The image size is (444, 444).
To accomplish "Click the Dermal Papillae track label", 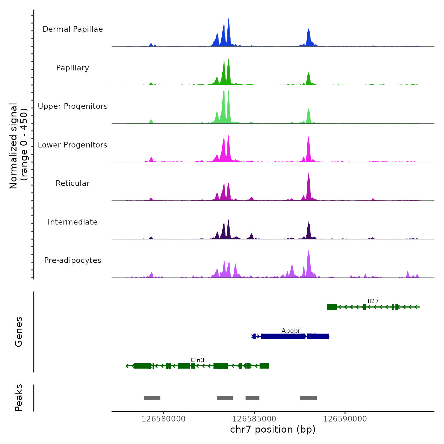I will (x=73, y=29).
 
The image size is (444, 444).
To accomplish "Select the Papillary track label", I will (x=73, y=68).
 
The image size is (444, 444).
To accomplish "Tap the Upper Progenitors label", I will (x=73, y=106).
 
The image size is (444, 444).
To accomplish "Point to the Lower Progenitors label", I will (x=73, y=145).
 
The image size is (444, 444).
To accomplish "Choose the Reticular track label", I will (x=73, y=183).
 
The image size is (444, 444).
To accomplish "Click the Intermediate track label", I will (x=73, y=222).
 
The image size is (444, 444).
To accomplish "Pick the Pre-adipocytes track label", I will (x=73, y=260).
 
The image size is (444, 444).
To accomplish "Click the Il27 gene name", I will (x=373, y=301).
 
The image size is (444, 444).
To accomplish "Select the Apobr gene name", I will (x=291, y=330).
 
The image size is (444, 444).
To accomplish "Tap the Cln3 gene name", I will (x=197, y=360).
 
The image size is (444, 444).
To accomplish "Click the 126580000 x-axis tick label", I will (x=163, y=419).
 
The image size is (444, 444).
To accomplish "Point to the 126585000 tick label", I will (x=254, y=419).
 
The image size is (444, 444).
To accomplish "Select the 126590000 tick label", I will (x=345, y=419).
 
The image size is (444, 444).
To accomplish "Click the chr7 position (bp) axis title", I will (x=273, y=429).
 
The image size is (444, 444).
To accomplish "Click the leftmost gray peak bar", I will (x=152, y=398).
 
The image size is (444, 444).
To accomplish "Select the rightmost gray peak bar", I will (x=308, y=398).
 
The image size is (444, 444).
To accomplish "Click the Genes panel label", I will (x=19, y=332).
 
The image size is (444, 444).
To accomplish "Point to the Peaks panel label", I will (x=19, y=398).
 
